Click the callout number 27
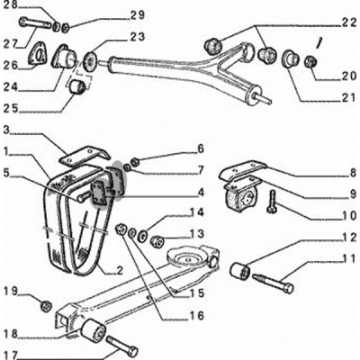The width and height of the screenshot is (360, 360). tap(12, 43)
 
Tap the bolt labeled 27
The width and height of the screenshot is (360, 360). tap(35, 23)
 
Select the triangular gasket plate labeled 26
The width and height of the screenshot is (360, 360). tap(38, 53)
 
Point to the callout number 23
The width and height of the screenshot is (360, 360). tap(138, 37)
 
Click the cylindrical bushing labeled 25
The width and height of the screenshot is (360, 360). tap(77, 85)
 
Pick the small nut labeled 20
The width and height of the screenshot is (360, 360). tap(310, 61)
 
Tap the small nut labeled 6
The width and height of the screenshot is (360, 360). tap(135, 162)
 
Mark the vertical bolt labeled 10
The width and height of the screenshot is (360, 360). tap(273, 202)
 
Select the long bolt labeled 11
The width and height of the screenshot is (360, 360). tap(273, 283)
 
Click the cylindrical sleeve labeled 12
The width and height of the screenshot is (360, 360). tap(240, 270)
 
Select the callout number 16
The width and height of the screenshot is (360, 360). tap(196, 315)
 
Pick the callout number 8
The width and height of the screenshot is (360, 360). tap(352, 174)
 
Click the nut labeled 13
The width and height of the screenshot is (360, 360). tap(157, 241)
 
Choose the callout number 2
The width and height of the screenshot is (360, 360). tap(120, 271)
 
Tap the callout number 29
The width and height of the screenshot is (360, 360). tap(138, 15)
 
